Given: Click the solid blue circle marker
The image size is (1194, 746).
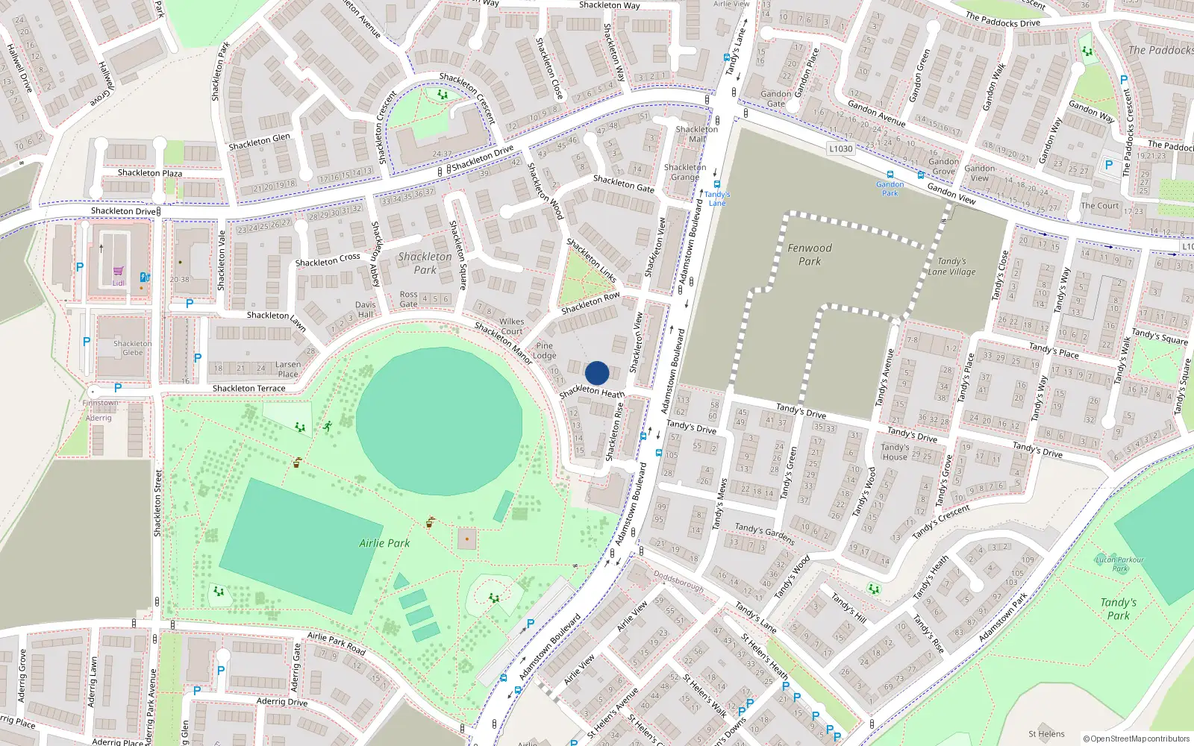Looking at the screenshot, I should [x=597, y=373].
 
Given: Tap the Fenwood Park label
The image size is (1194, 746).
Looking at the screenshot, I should [x=810, y=254].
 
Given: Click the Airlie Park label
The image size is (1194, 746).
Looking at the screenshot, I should [x=384, y=543].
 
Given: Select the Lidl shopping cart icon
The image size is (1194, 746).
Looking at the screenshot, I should [x=118, y=272].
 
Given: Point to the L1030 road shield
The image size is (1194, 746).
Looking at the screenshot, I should [x=841, y=148].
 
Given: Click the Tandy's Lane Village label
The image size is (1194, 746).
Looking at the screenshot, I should [x=951, y=266].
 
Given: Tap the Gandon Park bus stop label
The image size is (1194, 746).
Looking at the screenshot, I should [x=890, y=188].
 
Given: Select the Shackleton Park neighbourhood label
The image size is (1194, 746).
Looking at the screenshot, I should [x=425, y=263].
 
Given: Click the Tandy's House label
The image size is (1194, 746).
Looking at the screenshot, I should [x=895, y=452].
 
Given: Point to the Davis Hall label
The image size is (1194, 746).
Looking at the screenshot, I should [x=365, y=310].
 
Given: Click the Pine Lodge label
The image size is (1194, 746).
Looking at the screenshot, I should [x=545, y=351].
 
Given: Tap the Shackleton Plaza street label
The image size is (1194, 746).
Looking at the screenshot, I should [x=149, y=173].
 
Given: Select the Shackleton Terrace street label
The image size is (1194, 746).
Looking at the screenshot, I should [x=249, y=389].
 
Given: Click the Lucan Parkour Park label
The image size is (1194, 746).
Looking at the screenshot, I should [x=1119, y=564].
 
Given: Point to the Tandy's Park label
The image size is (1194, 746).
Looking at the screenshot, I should [x=1118, y=609].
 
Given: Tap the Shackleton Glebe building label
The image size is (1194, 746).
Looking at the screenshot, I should [x=132, y=348].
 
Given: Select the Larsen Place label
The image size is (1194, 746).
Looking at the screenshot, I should [x=288, y=369].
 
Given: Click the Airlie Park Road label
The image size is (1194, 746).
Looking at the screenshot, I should [x=336, y=642].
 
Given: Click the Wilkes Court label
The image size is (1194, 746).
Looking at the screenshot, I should [x=511, y=327].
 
